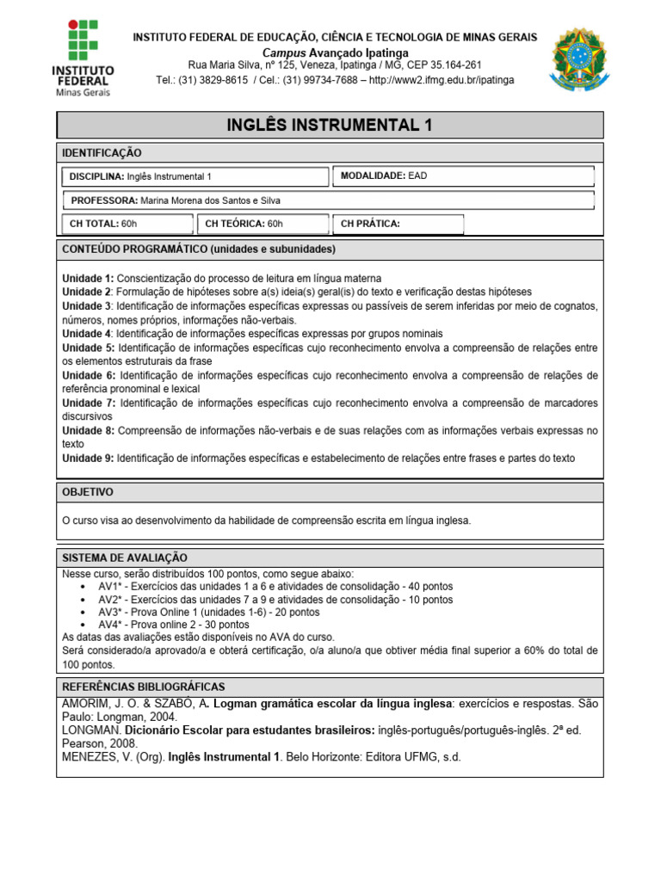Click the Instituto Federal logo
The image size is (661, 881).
click(83, 56)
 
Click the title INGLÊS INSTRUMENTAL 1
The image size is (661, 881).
click(330, 126)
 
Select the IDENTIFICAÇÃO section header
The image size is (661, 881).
click(102, 152)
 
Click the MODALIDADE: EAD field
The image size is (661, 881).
click(462, 176)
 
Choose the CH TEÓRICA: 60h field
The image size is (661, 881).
click(262, 225)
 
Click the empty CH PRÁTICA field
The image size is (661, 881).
click(397, 225)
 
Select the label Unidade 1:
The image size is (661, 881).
click(88, 279)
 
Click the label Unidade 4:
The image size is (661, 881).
click(88, 333)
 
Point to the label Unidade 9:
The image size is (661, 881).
click(88, 458)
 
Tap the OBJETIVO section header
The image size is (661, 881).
click(88, 492)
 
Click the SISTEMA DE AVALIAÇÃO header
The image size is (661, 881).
click(125, 558)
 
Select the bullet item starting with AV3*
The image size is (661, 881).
click(208, 612)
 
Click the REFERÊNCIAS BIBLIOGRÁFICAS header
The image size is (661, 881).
click(143, 687)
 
